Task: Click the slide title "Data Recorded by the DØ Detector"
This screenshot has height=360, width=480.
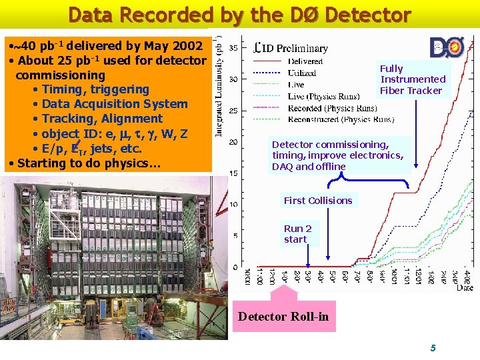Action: pyautogui.click(x=239, y=14)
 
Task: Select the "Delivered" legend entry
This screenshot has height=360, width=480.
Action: pyautogui.click(x=305, y=61)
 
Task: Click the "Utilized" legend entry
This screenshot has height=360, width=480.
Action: pyautogui.click(x=301, y=73)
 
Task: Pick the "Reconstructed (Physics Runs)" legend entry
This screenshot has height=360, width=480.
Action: pyautogui.click(x=341, y=119)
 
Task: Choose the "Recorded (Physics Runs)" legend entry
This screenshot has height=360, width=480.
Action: pyautogui.click(x=332, y=108)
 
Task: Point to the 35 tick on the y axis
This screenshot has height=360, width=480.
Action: pyautogui.click(x=233, y=48)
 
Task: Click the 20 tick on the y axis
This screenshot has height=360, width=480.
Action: pyautogui.click(x=233, y=142)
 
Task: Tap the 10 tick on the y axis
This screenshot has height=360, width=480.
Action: pyautogui.click(x=233, y=205)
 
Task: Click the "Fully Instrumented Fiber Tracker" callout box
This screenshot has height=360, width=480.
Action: pyautogui.click(x=413, y=80)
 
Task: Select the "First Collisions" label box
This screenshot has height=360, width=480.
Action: pyautogui.click(x=318, y=201)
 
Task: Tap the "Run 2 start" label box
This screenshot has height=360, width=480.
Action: pyautogui.click(x=297, y=234)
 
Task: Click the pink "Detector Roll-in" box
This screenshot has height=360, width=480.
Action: pyautogui.click(x=283, y=317)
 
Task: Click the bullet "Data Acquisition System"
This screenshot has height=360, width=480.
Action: pyautogui.click(x=114, y=104)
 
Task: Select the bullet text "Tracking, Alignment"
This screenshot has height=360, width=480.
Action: pyautogui.click(x=101, y=119)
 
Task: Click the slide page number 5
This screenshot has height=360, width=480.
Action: pyautogui.click(x=433, y=348)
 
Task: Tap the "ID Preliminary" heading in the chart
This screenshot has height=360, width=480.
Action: pyautogui.click(x=292, y=48)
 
